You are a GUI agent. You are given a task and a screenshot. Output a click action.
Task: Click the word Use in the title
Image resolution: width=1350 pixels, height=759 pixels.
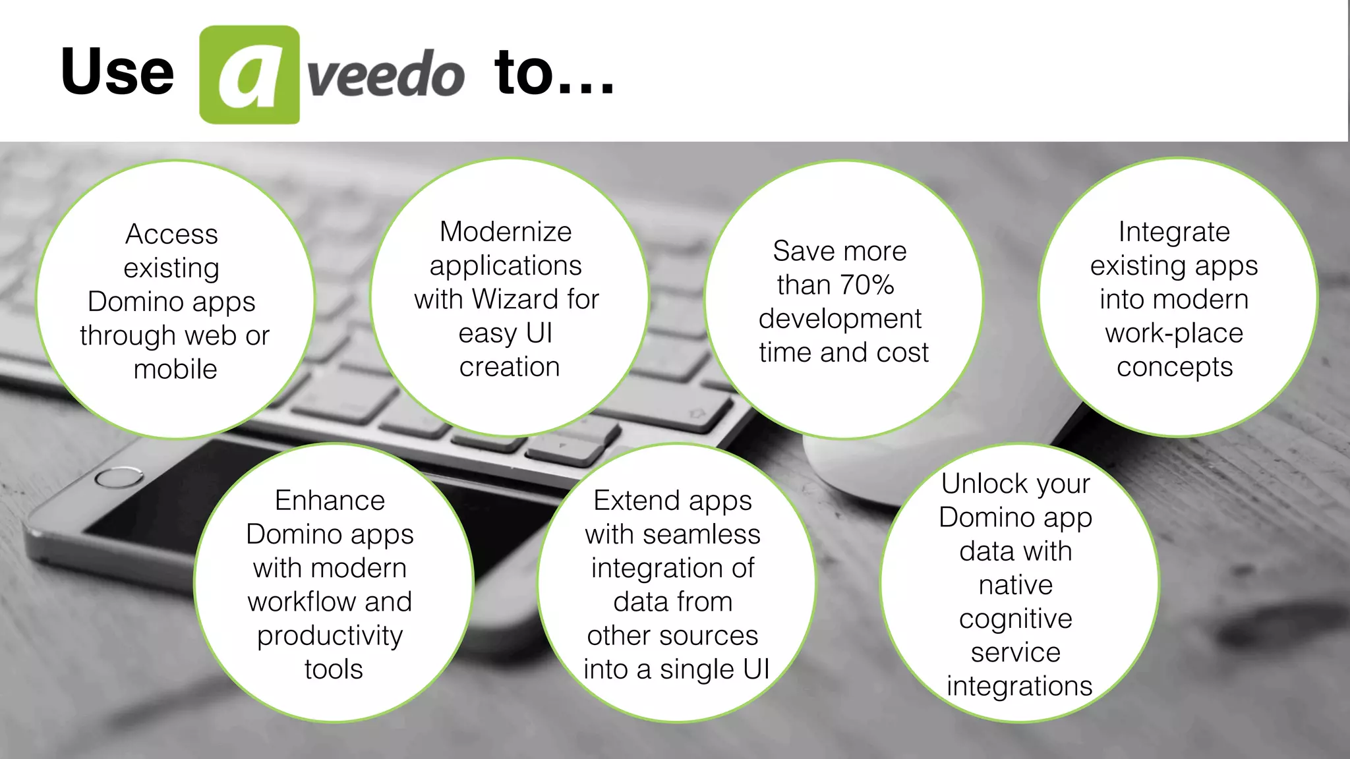tap(117, 72)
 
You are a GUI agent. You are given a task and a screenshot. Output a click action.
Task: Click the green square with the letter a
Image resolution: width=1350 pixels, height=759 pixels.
tap(249, 74)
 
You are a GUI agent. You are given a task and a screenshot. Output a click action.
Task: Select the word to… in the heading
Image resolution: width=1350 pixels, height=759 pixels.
tap(554, 72)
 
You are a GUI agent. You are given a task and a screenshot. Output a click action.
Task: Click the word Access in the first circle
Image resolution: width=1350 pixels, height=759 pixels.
tap(171, 235)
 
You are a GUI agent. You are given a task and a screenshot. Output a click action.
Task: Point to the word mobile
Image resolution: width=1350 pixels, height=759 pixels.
tap(175, 370)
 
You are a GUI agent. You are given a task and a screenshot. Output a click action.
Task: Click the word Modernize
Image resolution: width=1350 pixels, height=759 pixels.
tap(506, 232)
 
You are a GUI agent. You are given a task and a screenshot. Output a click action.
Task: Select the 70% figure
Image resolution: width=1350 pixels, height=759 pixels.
tap(867, 285)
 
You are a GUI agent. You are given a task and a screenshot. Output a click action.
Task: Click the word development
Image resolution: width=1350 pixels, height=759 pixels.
tap(840, 319)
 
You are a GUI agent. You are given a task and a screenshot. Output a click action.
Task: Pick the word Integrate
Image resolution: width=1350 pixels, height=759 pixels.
tap(1174, 232)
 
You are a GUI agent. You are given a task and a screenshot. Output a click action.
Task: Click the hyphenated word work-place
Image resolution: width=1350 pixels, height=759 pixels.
tap(1174, 333)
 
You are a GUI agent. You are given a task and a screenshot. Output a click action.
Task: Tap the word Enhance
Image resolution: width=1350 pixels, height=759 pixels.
tap(330, 501)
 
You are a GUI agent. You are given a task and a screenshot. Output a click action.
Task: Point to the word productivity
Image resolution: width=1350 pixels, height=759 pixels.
tap(330, 636)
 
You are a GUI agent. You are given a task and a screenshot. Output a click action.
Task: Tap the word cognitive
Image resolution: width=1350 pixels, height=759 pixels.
tap(1016, 619)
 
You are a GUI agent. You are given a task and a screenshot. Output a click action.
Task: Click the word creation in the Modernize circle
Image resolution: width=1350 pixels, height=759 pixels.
tap(510, 367)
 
